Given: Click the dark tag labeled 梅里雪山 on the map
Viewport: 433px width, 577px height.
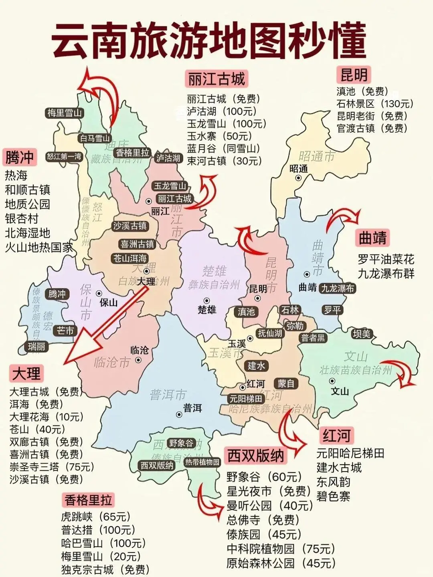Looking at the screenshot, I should [64, 113].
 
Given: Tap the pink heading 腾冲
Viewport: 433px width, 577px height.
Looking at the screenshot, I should [19, 157].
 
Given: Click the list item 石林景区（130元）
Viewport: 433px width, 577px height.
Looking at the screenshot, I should [375, 104].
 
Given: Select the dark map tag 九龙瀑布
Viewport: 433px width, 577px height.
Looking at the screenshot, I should [338, 288].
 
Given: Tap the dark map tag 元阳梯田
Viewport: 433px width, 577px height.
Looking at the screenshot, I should [246, 399].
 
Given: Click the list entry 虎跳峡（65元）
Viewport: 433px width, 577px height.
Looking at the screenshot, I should [96, 517].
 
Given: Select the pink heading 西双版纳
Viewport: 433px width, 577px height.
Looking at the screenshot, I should [255, 456].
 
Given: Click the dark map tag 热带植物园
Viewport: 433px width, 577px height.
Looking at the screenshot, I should [202, 462].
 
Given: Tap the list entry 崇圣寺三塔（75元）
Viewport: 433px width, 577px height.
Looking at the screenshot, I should [52, 467].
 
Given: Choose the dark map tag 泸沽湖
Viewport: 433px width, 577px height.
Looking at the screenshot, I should [168, 158].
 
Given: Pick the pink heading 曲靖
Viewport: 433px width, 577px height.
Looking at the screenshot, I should [372, 238].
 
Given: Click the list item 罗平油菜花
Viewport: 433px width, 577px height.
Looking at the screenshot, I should [386, 259].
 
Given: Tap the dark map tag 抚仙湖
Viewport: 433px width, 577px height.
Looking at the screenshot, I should [270, 333].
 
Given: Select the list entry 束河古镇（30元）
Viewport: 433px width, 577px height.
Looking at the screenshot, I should [224, 161].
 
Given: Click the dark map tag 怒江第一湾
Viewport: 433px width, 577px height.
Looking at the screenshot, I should [64, 156].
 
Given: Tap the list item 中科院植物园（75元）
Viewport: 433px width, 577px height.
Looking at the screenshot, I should [281, 549].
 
